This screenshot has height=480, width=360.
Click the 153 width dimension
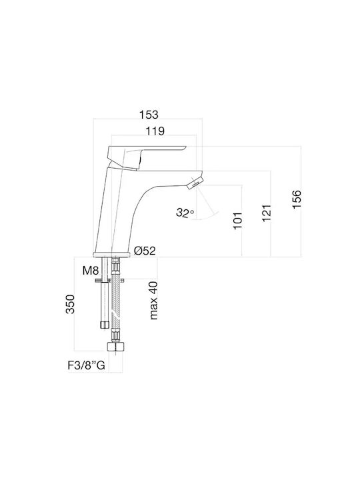pyautogui.click(x=149, y=115)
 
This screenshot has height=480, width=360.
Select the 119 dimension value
pyautogui.click(x=155, y=131)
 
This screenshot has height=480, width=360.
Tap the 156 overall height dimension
pyautogui.click(x=297, y=199)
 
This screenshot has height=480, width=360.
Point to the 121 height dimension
pyautogui.click(x=266, y=213)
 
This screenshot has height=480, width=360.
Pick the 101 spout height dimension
pyautogui.click(x=237, y=220)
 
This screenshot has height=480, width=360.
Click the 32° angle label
pyautogui.click(x=185, y=212)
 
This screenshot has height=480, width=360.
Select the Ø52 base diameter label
pyautogui.click(x=145, y=251)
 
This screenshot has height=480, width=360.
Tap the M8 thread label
pyautogui.click(x=91, y=270)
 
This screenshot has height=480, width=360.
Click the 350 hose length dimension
pyautogui.click(x=70, y=304)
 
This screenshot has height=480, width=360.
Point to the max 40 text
pyautogui.click(x=153, y=301)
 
